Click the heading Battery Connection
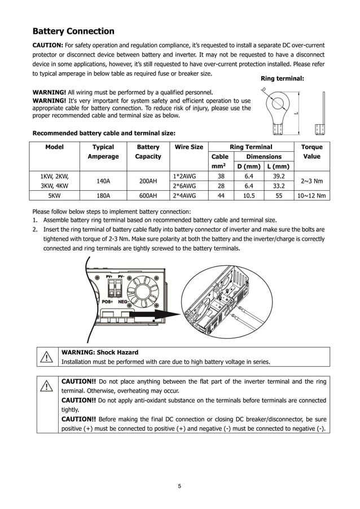pos(73,32)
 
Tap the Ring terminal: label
pos(283,78)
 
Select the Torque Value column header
pos(311,151)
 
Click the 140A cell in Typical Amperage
pos(103,181)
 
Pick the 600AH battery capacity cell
pos(148,196)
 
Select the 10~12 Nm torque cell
pos(311,196)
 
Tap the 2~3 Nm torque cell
pos(311,181)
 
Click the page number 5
pos(179,486)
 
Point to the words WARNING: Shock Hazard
pos(99,352)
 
